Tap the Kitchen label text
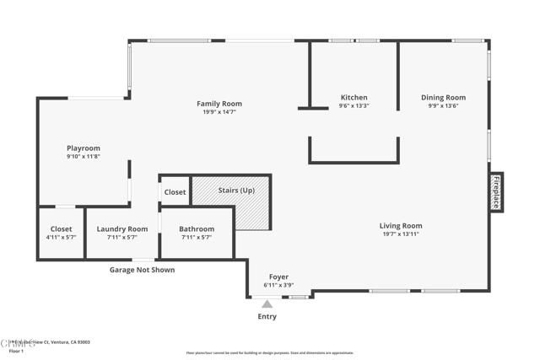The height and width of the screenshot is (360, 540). (x=354, y=98)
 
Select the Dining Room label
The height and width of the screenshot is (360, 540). (x=443, y=98)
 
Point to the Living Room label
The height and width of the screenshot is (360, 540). (x=400, y=226)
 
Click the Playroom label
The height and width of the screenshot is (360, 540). (x=84, y=148)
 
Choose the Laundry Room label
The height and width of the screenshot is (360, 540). (x=122, y=229)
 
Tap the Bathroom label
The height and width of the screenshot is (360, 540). (x=197, y=229)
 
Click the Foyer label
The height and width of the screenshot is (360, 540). (x=278, y=277)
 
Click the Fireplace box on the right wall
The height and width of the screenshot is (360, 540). (x=496, y=193)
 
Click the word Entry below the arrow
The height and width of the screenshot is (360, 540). (x=267, y=317)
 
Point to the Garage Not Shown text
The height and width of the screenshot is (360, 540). (x=143, y=270)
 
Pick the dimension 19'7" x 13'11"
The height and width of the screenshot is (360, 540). (x=400, y=234)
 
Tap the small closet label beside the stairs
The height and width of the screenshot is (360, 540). (x=175, y=192)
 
